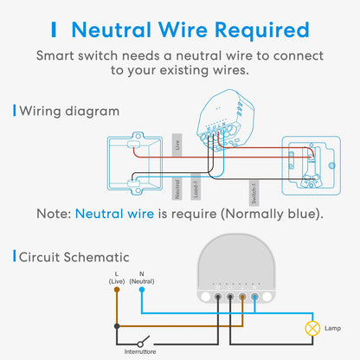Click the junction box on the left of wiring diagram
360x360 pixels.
tap(134, 161)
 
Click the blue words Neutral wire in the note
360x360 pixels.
tap(117, 213)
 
